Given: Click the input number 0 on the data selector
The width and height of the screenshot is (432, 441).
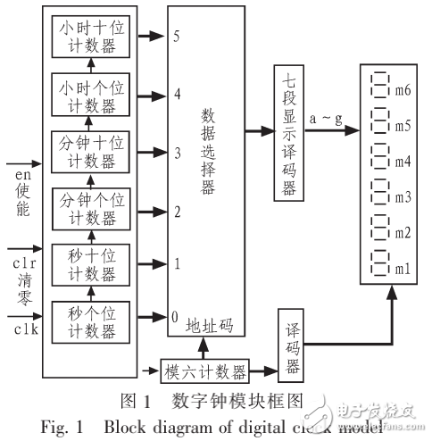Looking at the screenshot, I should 176,317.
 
